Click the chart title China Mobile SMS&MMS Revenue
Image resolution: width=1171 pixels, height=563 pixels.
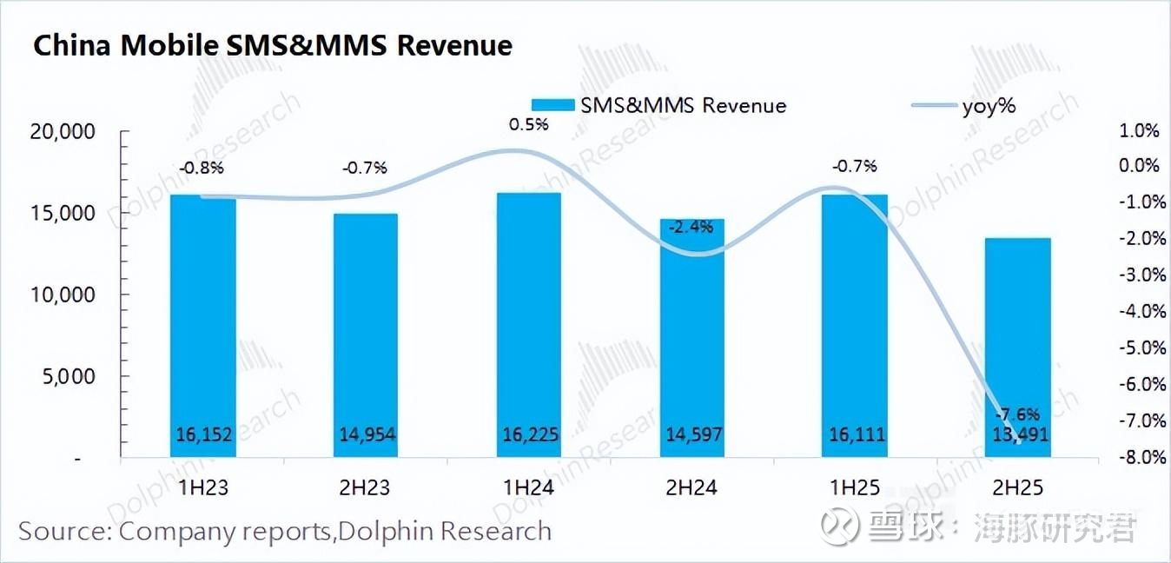pos(272,45)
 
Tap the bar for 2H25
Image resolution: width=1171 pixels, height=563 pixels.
pos(1017,348)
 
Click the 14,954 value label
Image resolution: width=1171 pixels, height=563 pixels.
pos(366,434)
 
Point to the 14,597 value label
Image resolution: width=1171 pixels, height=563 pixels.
pos(691,434)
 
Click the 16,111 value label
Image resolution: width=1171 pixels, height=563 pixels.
pos(855,434)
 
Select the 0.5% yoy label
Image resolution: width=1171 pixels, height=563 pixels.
pos(528,124)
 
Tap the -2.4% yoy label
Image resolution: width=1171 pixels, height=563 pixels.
pos(691,228)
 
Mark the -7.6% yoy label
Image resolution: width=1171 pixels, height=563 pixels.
pos(1017,414)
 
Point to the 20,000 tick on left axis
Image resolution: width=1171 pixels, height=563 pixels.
pos(63,132)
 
